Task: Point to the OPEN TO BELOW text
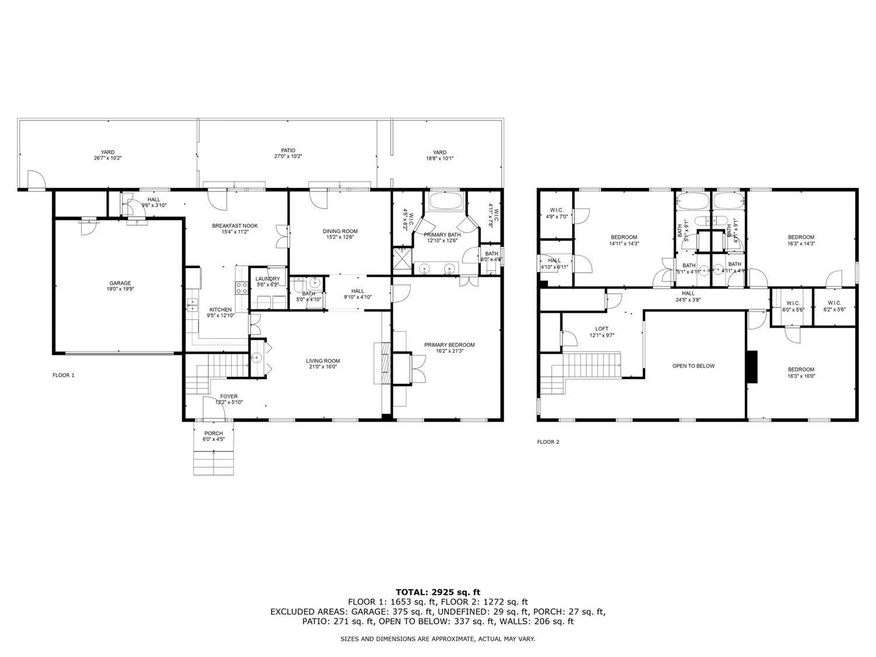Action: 693,366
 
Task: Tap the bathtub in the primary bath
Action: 446,202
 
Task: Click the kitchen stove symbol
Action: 240,287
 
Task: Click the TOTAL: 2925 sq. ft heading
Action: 437,592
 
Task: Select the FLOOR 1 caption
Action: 64,376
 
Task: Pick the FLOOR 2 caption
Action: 548,442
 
